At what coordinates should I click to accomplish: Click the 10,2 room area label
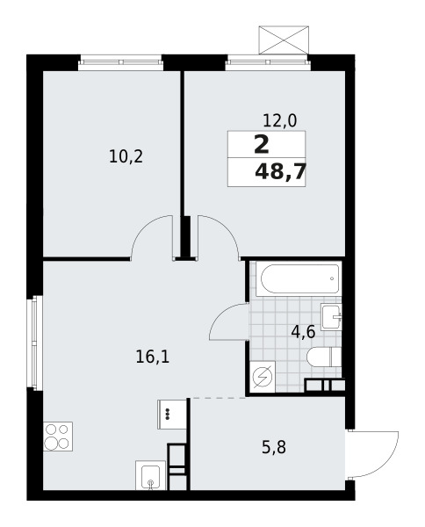click(126, 157)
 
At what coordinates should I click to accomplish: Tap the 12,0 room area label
click(280, 120)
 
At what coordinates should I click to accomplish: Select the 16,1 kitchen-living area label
click(153, 357)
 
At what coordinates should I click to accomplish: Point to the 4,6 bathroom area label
click(303, 332)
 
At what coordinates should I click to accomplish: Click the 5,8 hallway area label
click(274, 448)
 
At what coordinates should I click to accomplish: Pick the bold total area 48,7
click(280, 172)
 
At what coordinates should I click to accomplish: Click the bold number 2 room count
click(262, 145)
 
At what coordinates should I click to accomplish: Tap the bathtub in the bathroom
click(299, 279)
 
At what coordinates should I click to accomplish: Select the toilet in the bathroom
click(324, 357)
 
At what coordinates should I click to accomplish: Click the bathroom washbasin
click(331, 316)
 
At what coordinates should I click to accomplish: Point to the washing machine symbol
click(263, 377)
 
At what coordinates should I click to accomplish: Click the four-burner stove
click(58, 437)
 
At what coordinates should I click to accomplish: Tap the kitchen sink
click(150, 475)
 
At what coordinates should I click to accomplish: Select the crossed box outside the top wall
click(284, 40)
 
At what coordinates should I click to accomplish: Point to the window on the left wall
click(37, 343)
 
